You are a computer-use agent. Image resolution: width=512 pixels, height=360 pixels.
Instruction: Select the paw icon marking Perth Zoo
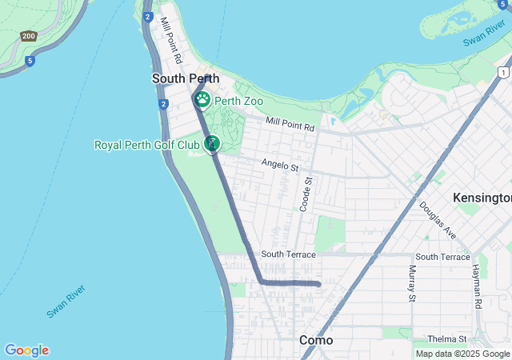tap(202, 99)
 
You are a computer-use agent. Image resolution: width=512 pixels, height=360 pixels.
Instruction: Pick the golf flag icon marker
tap(212, 143)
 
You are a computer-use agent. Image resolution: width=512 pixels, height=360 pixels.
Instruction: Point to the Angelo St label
tap(279, 165)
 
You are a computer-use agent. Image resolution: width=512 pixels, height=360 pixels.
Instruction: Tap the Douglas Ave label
tap(437, 220)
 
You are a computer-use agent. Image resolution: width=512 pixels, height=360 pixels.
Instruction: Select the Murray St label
tap(413, 283)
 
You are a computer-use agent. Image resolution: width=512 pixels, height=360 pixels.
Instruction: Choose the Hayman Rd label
tap(477, 286)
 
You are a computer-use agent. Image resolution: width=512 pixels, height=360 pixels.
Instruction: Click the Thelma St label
tap(446, 339)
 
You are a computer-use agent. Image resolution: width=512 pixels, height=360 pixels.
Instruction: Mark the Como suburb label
tap(316, 340)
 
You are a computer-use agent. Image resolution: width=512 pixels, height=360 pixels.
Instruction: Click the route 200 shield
tap(29, 36)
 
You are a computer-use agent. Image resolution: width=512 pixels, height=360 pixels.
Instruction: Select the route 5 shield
tap(30, 60)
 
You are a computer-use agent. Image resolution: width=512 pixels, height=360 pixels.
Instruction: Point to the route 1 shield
tap(502, 73)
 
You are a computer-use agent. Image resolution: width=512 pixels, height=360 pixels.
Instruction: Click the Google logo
tap(26, 350)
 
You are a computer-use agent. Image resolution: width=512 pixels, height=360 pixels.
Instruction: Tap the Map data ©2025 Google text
tap(462, 354)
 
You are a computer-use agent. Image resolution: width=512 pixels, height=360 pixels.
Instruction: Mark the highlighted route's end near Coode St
tap(319, 283)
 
